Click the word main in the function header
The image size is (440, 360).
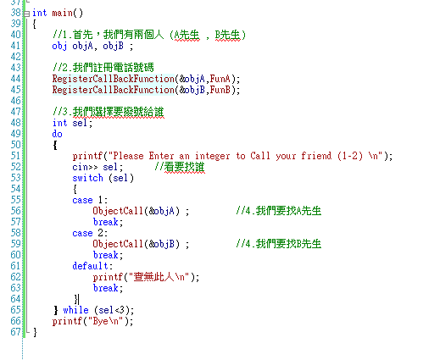(63, 13)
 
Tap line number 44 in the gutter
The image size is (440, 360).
(16, 79)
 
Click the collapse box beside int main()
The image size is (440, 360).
(26, 14)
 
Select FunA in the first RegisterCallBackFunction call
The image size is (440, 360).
(220, 79)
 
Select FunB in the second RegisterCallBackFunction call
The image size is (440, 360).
(220, 90)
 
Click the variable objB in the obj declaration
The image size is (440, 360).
(113, 46)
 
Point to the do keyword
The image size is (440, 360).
(57, 134)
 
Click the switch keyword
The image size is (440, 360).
(87, 178)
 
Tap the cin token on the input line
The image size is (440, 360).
(80, 167)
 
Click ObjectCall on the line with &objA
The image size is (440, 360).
(118, 211)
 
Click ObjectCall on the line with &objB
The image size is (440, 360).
(118, 244)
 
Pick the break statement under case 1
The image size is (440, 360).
(106, 222)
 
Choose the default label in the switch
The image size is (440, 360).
(90, 266)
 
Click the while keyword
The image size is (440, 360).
(75, 310)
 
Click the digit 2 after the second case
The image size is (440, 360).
(100, 233)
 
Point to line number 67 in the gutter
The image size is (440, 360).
(16, 332)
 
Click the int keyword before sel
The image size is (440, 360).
(59, 123)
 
